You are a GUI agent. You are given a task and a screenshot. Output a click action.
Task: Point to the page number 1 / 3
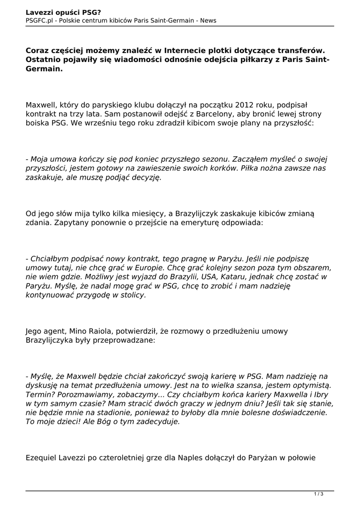click(319, 494)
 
